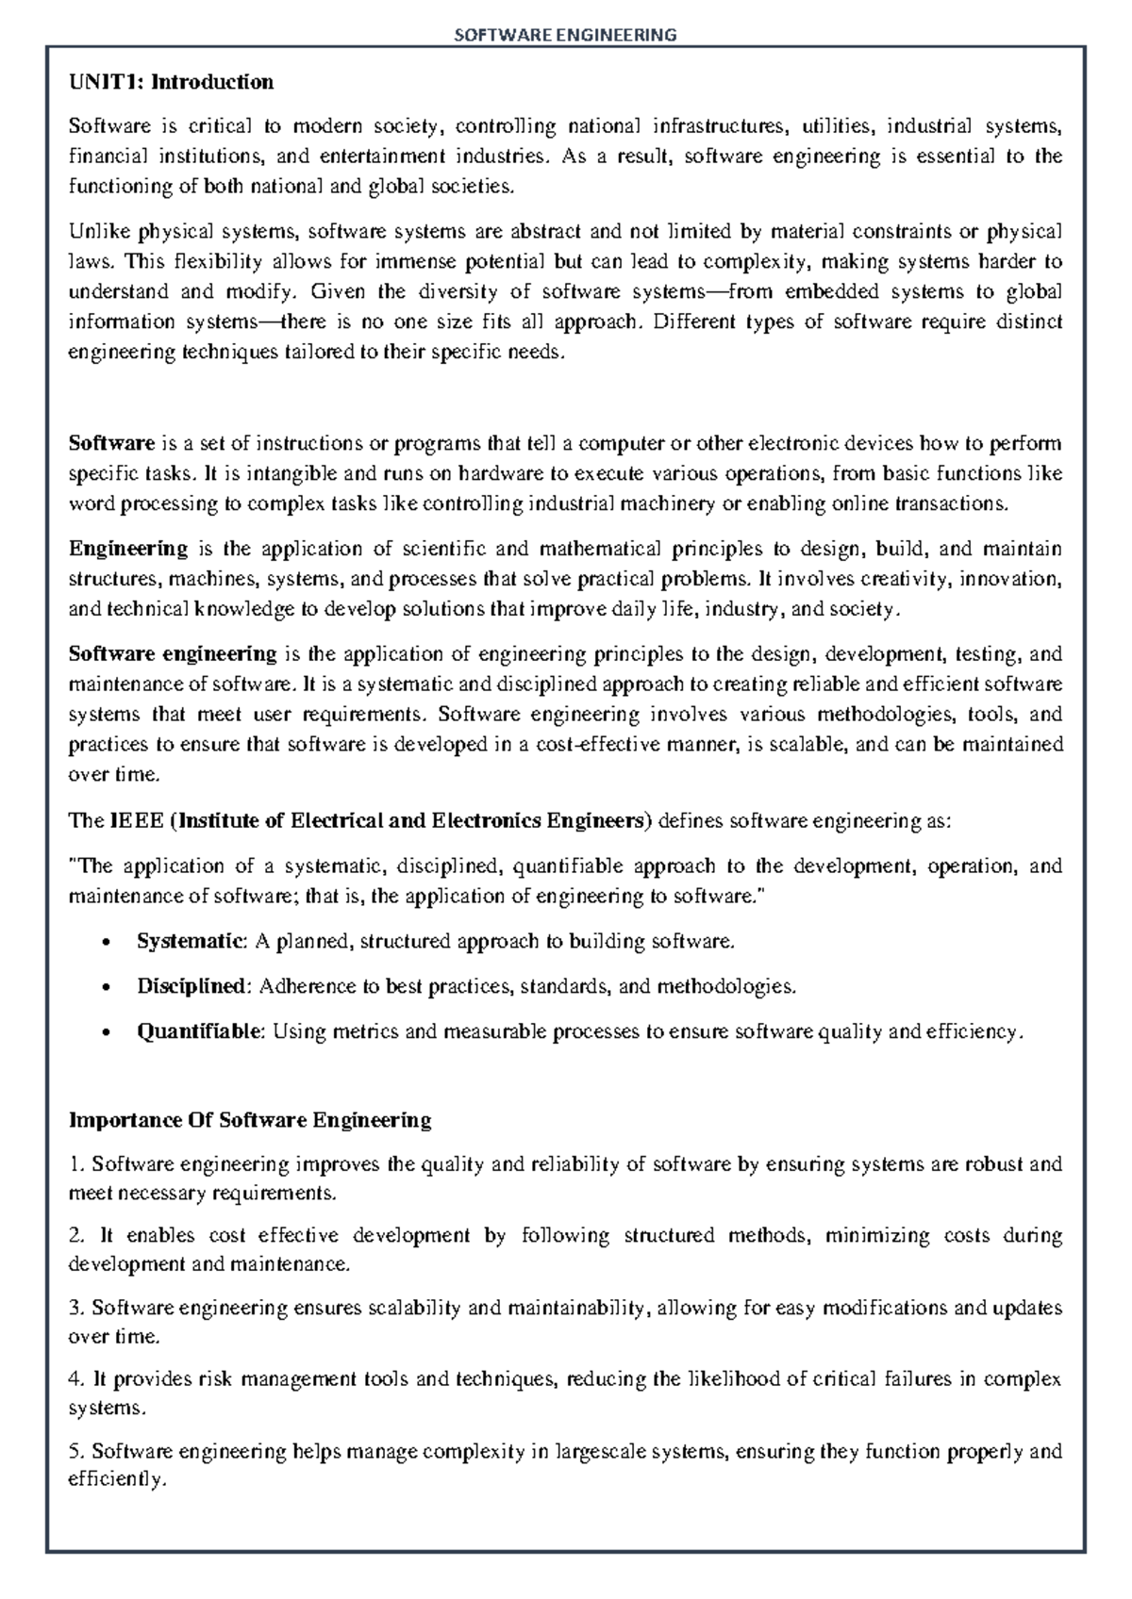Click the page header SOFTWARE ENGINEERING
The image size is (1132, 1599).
(x=566, y=35)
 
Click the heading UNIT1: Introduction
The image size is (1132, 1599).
(x=171, y=82)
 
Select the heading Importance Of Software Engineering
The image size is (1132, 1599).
(x=250, y=1120)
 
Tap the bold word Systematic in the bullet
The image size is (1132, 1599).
(x=191, y=941)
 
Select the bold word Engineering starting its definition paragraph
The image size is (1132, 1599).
(x=128, y=549)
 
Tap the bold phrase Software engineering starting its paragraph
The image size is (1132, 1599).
(x=173, y=654)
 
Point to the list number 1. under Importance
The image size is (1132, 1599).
(x=76, y=1164)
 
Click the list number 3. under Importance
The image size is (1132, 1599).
(x=76, y=1308)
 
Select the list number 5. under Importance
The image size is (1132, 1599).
(x=76, y=1451)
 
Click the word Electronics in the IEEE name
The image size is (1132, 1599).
(x=485, y=820)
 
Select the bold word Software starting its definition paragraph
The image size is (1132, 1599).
(x=111, y=443)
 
